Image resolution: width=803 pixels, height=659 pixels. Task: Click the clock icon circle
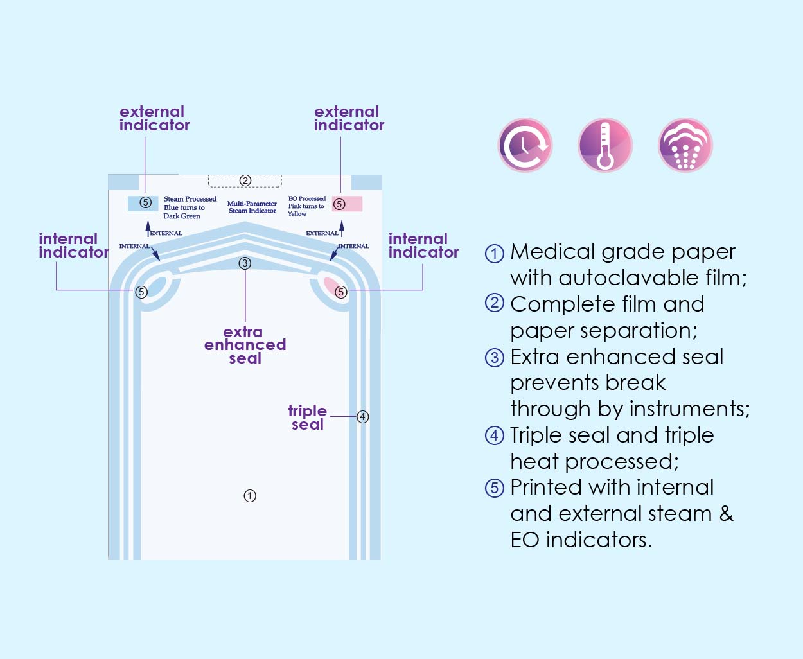click(x=525, y=145)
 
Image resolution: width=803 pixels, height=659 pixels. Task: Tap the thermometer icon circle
click(x=605, y=145)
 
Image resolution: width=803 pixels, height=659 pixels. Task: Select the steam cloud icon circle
click(x=685, y=145)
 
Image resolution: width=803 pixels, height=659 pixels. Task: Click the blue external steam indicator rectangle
click(x=143, y=204)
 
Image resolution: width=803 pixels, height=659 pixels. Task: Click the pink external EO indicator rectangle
click(x=347, y=204)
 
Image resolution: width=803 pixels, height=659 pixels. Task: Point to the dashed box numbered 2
click(x=245, y=181)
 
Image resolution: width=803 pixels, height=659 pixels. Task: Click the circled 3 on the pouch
click(x=245, y=263)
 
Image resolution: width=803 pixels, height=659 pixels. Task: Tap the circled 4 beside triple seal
click(x=362, y=417)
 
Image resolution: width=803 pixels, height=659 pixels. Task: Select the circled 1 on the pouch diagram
click(x=250, y=496)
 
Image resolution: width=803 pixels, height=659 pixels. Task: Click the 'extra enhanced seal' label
click(x=245, y=346)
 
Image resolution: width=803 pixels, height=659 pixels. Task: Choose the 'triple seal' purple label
click(x=308, y=417)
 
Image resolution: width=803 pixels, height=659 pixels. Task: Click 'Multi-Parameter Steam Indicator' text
click(x=252, y=207)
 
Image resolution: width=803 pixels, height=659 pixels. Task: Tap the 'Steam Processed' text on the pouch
click(x=190, y=199)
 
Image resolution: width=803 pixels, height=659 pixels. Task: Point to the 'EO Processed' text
click(x=307, y=198)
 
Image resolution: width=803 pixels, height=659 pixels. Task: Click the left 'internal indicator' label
click(x=73, y=245)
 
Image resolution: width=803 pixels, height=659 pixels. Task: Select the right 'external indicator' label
click(x=349, y=118)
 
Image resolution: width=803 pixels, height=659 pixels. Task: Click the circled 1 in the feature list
click(x=495, y=253)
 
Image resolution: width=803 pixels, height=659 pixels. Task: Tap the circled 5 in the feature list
click(x=495, y=488)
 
